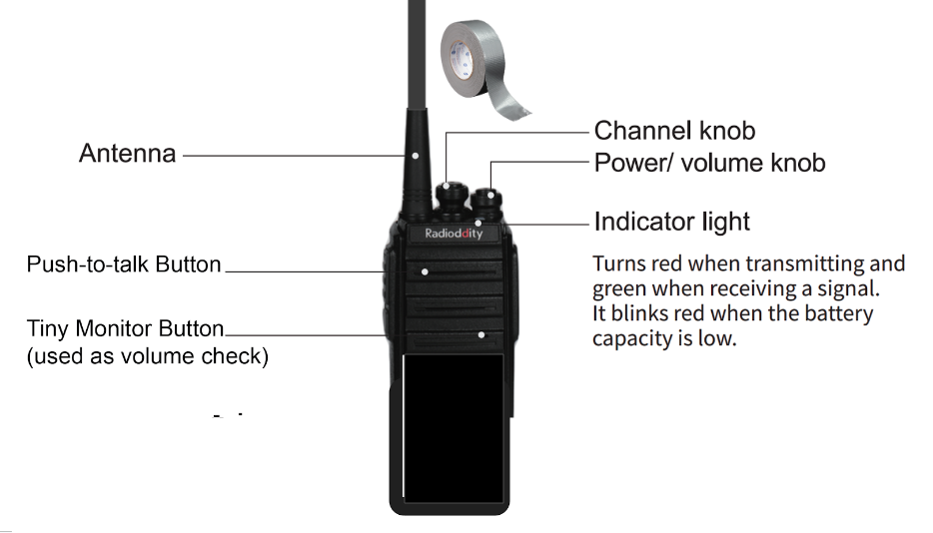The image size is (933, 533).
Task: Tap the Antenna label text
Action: click(x=127, y=154)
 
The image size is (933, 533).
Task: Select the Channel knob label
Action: click(x=674, y=131)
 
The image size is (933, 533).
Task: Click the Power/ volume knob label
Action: click(x=710, y=163)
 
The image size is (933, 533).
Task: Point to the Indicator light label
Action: click(x=672, y=222)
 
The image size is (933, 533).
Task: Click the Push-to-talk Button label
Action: click(x=124, y=265)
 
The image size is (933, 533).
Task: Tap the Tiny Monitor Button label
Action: click(x=125, y=328)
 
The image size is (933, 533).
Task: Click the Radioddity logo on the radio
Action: click(x=454, y=234)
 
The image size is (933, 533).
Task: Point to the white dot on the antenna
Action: click(x=416, y=156)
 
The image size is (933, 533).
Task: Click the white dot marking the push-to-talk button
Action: click(x=425, y=271)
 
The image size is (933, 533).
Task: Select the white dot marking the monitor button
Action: click(x=481, y=335)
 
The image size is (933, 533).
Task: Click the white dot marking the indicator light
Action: click(x=477, y=224)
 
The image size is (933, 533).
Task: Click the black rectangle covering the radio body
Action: click(x=454, y=428)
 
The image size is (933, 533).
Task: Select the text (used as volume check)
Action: click(x=148, y=356)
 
